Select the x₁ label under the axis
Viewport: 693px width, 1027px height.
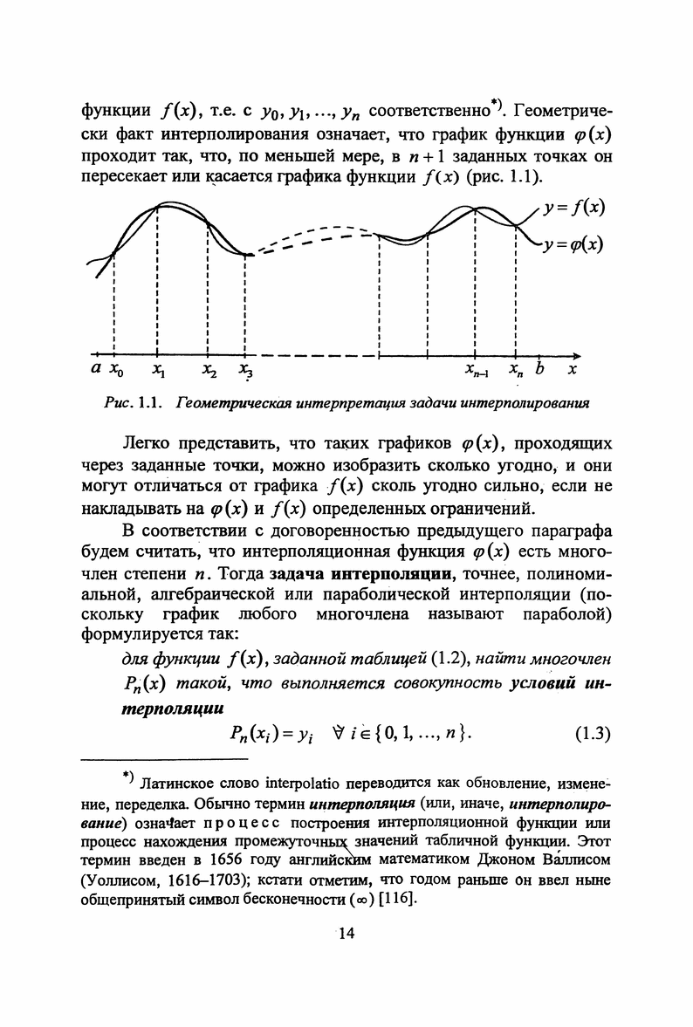coord(157,371)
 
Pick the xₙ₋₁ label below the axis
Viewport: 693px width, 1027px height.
coord(477,371)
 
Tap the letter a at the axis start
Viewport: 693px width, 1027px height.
coord(95,370)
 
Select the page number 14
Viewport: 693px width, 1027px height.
coord(346,934)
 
